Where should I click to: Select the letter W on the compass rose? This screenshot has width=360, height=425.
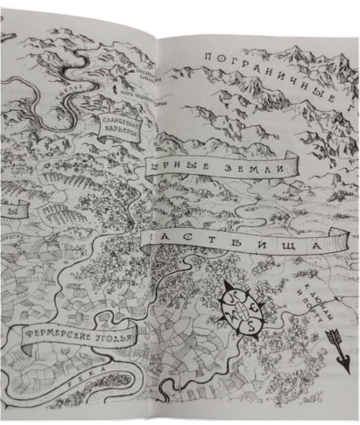pyautogui.click(x=229, y=315)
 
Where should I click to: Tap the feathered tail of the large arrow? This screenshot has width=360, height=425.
pyautogui.click(x=330, y=337)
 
